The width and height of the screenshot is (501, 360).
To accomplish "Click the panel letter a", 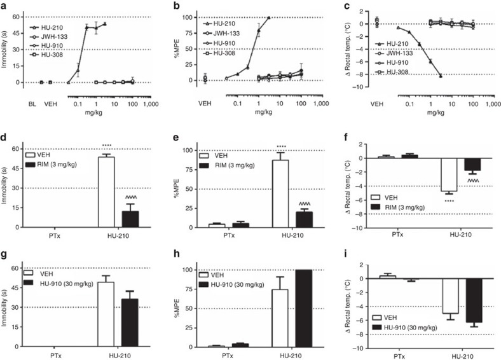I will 3,4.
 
